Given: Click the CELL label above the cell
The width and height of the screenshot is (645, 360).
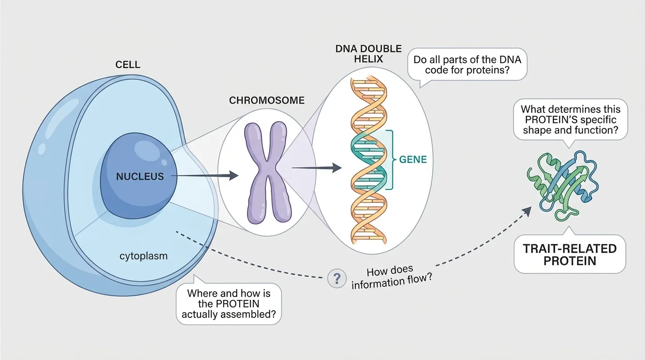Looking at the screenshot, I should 127,65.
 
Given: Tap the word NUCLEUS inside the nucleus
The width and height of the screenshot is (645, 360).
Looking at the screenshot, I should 141,177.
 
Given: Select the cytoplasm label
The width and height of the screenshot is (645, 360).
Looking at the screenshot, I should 144,256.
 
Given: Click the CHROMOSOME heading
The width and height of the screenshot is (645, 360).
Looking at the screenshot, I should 267,100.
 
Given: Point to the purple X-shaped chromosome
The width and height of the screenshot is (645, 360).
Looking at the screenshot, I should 266,172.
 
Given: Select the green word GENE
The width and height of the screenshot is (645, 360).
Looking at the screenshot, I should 412,160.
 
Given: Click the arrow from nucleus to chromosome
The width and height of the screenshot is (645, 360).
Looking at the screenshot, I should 206,176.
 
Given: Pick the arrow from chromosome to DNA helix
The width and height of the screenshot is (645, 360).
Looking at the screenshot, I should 317,167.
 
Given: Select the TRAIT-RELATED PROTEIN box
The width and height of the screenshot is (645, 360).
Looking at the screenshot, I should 570,255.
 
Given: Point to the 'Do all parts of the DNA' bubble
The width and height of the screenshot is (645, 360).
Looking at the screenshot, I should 467,66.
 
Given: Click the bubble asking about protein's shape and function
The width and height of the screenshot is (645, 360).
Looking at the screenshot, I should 570,119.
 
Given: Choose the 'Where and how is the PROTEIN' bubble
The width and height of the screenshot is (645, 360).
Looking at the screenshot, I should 229,304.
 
